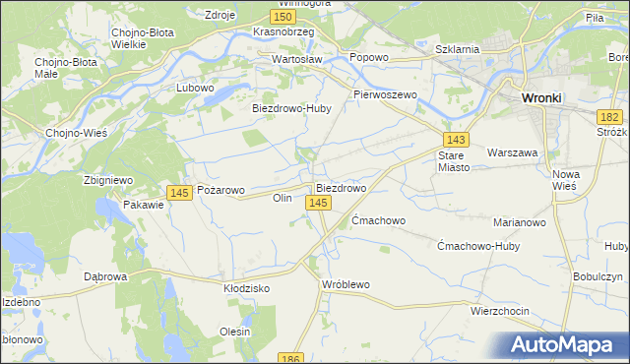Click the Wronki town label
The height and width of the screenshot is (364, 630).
coord(541,98)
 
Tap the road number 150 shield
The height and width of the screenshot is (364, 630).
coord(283,17)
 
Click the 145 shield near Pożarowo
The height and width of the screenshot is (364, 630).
coord(178,193)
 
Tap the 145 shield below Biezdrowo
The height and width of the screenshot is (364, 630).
coord(317,202)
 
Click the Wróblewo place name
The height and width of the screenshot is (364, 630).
coord(346,284)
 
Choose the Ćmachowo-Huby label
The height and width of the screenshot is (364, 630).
coord(477,246)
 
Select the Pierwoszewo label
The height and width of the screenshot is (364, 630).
coord(386,94)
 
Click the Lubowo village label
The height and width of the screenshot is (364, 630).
coord(195,88)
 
